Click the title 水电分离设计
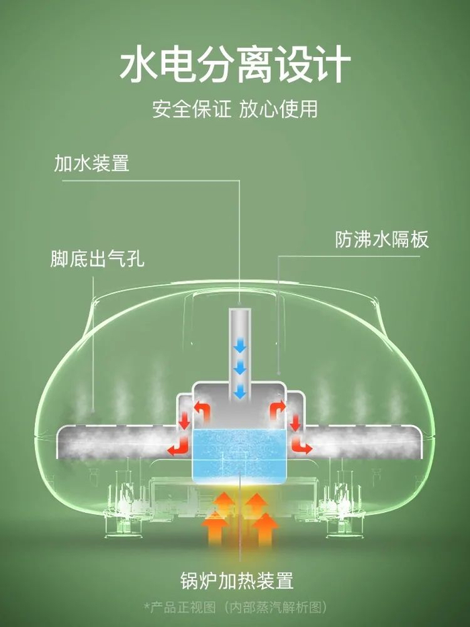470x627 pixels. [x=235, y=64]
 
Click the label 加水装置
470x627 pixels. [x=92, y=163]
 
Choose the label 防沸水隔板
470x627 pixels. [x=381, y=240]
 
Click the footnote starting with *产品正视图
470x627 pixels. [x=235, y=608]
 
